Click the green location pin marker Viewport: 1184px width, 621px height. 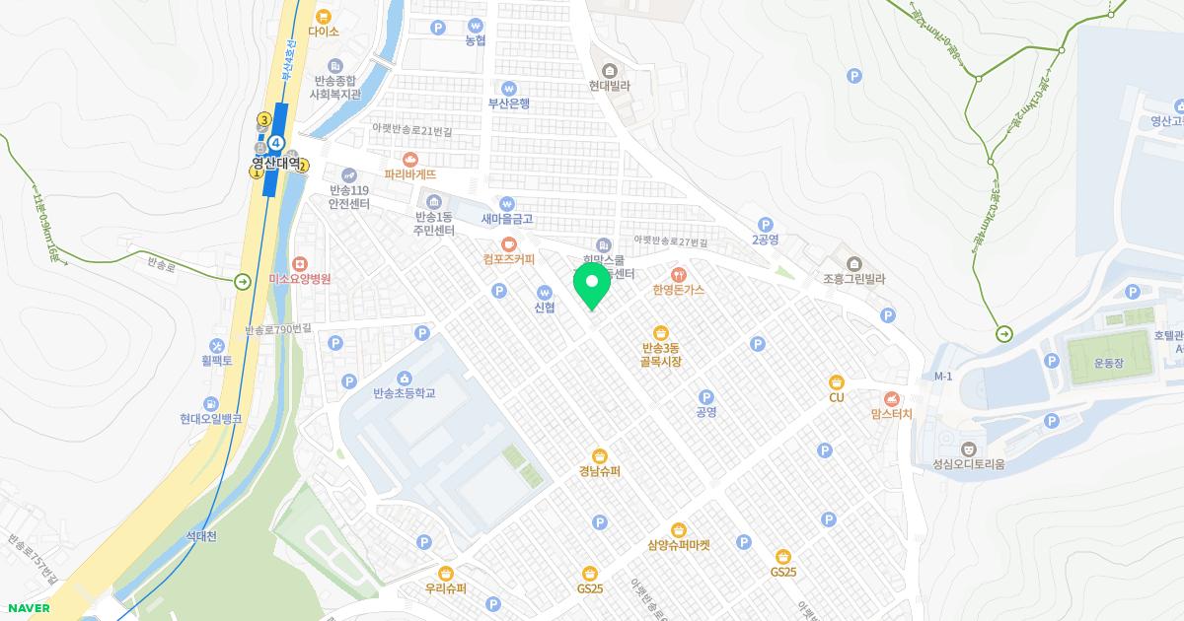click(x=592, y=286)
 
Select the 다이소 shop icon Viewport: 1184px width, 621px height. click(x=324, y=16)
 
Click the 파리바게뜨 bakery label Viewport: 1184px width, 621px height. click(x=410, y=174)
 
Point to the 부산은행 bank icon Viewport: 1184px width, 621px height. click(x=509, y=88)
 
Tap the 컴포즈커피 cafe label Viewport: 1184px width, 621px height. click(x=509, y=260)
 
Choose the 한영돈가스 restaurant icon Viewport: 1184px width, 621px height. click(x=678, y=274)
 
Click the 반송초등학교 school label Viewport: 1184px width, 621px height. click(x=405, y=393)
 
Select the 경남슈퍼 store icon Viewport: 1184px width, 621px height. click(x=600, y=454)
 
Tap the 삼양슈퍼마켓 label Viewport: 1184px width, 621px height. click(x=679, y=545)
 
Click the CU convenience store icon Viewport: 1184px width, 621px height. click(x=837, y=381)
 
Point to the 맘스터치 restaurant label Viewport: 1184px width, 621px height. click(x=892, y=414)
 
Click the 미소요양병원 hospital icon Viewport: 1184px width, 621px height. click(x=300, y=263)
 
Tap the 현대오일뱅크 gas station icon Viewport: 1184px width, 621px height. click(x=211, y=403)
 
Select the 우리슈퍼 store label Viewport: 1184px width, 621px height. click(x=446, y=588)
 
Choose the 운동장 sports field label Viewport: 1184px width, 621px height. click(x=1109, y=362)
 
